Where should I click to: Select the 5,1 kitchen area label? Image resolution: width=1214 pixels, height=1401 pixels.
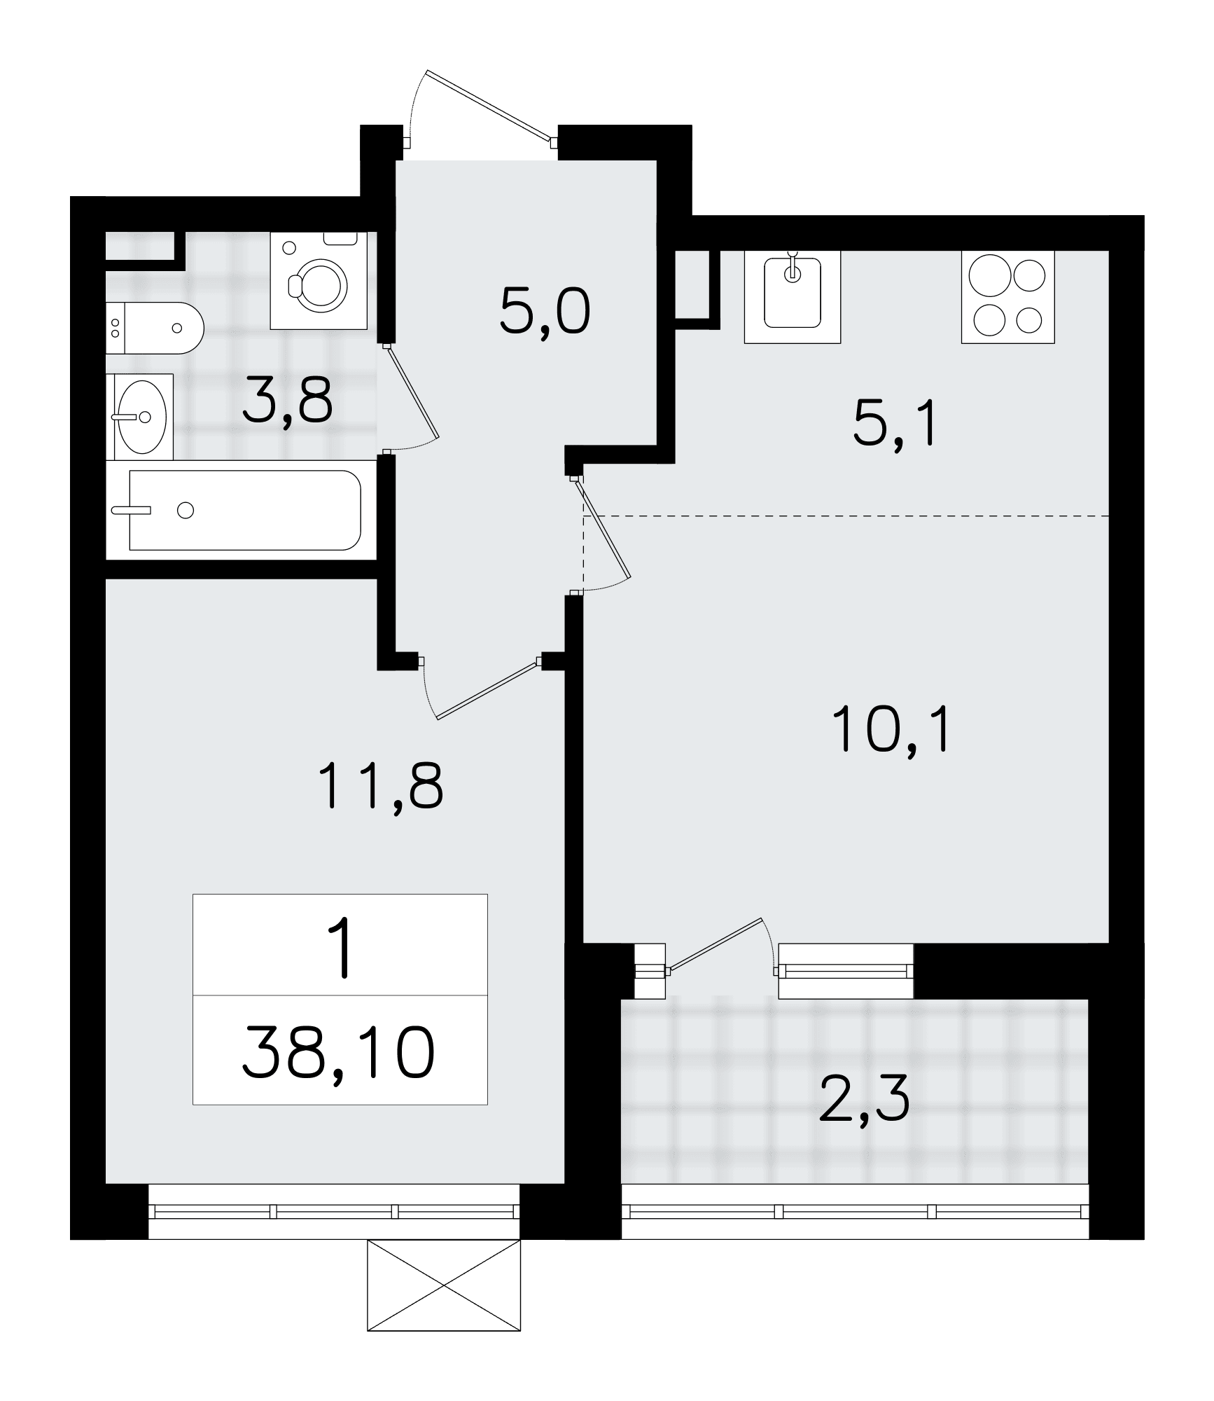tap(895, 427)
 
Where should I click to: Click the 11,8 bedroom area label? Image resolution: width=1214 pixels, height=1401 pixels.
tap(381, 787)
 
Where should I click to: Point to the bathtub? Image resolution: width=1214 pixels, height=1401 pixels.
tap(242, 510)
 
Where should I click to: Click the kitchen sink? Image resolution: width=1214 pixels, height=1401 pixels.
tap(792, 296)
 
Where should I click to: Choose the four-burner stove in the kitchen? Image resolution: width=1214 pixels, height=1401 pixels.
tap(1007, 296)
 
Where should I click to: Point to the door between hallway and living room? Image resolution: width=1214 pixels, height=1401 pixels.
tap(603, 528)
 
